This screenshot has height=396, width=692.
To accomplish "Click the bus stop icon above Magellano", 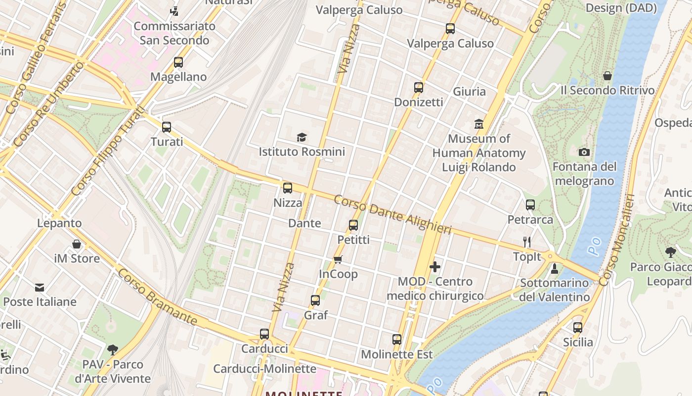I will coord(178,62).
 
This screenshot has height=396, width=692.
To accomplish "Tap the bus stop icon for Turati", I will coord(167,127).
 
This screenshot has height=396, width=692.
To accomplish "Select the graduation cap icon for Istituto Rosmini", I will coord(302,137).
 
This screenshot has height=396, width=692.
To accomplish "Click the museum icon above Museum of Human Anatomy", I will coord(478,124).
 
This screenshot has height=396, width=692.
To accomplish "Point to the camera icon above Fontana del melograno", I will coord(584,152).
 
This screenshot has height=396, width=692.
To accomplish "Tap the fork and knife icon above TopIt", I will coord(527,242).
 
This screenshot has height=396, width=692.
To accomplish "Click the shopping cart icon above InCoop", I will coord(338,259).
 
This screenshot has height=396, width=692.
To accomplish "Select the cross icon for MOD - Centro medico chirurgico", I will coord(435,267).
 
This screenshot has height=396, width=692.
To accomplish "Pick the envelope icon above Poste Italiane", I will coord(40,287).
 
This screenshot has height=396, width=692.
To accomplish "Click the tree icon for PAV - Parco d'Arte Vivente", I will coord(113,350).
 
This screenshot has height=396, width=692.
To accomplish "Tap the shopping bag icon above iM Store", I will coord(77,244).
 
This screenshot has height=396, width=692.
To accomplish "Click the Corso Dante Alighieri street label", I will coord(392,214).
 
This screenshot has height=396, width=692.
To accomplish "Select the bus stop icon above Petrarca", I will coord(530,204).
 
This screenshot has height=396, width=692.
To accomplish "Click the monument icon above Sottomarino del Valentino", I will coord(555,269).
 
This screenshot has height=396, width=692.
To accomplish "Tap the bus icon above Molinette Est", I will coord(397,340).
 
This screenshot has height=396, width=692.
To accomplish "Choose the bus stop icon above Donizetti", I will coord(419,88).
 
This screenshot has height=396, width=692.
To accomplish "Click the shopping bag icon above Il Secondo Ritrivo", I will coord(607,76).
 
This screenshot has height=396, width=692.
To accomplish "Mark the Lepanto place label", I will coord(59,223).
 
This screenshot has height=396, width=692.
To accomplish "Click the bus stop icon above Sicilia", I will coord(578,328).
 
